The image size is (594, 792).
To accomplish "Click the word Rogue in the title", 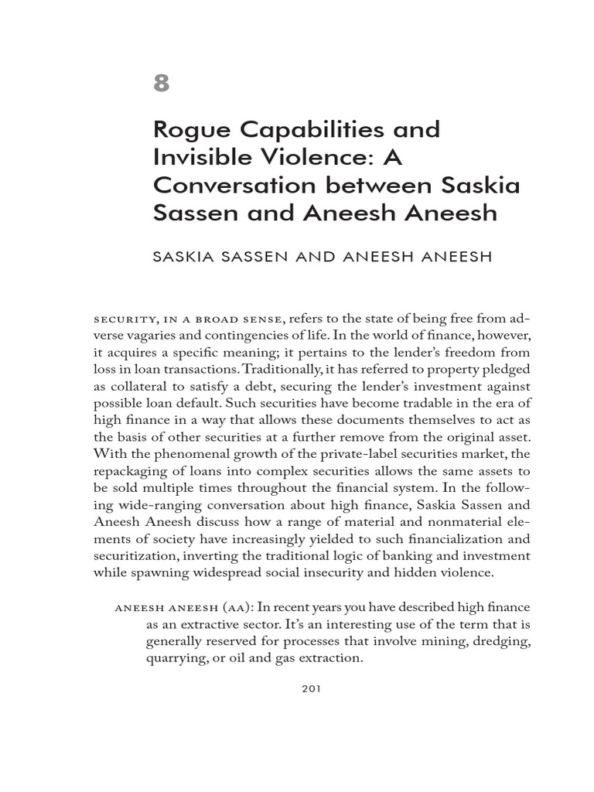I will (x=189, y=129).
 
